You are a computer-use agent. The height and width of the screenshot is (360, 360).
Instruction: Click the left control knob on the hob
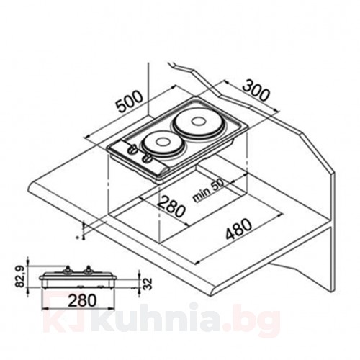pos(132,151)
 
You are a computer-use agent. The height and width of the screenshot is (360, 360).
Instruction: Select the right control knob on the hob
pos(146,157)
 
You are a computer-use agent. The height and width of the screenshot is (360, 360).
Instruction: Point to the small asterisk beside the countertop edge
pos(78,235)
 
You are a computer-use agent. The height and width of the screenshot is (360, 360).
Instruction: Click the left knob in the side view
pos(66,271)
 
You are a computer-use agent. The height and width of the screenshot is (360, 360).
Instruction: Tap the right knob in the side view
pos(88,271)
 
